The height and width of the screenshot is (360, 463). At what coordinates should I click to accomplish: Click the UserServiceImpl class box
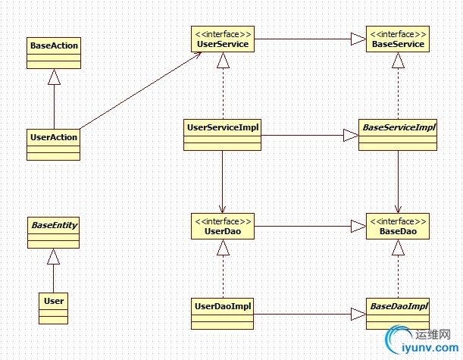click(x=222, y=134)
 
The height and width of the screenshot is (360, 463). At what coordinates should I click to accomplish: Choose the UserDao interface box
click(x=222, y=227)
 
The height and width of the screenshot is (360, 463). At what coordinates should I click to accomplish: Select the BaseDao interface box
click(x=399, y=227)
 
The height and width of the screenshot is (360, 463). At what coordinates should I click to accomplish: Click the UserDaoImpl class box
click(x=222, y=313)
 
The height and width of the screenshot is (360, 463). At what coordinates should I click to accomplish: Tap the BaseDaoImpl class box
click(x=399, y=313)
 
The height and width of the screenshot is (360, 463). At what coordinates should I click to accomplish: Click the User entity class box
click(x=54, y=308)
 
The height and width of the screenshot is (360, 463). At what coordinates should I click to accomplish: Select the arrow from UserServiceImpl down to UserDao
click(x=222, y=182)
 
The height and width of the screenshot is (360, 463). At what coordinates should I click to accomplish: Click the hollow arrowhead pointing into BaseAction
click(x=53, y=77)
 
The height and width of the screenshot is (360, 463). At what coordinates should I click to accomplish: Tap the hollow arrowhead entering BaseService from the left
click(x=358, y=40)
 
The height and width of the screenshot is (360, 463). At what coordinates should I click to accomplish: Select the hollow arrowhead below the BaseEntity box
click(x=53, y=257)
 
